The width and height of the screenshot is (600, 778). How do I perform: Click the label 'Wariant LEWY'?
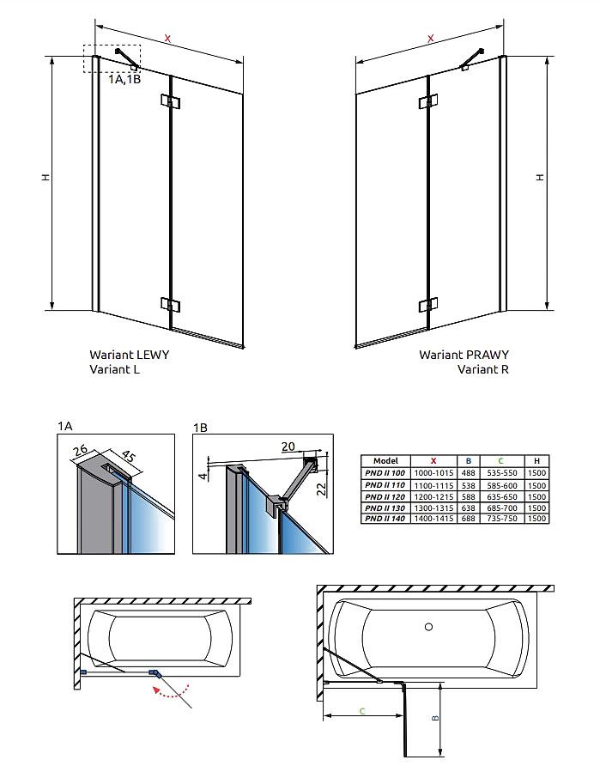(129, 355)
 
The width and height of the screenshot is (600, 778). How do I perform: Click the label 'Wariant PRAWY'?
(464, 355)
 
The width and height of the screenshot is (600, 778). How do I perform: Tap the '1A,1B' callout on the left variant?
(124, 79)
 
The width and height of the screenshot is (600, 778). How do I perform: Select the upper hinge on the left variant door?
(171, 103)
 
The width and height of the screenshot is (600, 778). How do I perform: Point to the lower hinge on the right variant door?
(427, 305)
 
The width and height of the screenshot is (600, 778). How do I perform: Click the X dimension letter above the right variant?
(430, 38)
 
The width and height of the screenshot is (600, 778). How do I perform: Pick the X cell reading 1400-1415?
(433, 519)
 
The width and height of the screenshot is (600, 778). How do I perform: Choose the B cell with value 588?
(469, 496)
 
